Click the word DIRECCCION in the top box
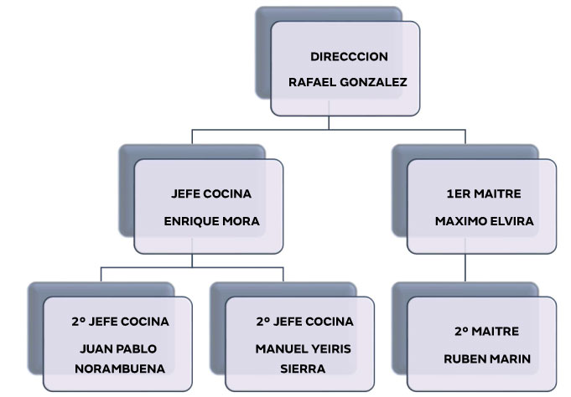click(349, 57)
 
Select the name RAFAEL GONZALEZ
click(347, 82)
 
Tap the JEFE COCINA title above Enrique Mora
click(210, 194)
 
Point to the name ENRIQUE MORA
click(212, 222)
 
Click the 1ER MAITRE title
click(484, 194)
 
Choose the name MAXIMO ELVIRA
click(485, 222)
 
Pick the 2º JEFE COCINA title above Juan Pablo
click(121, 322)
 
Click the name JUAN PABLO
click(118, 348)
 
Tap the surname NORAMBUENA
click(118, 369)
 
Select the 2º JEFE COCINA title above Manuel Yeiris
click(304, 322)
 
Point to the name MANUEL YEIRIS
click(304, 348)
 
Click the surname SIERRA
click(303, 369)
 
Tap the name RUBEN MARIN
click(487, 359)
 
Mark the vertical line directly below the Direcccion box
click(329, 122)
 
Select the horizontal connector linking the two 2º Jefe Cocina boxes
click(192, 267)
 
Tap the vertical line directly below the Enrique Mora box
click(192, 260)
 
